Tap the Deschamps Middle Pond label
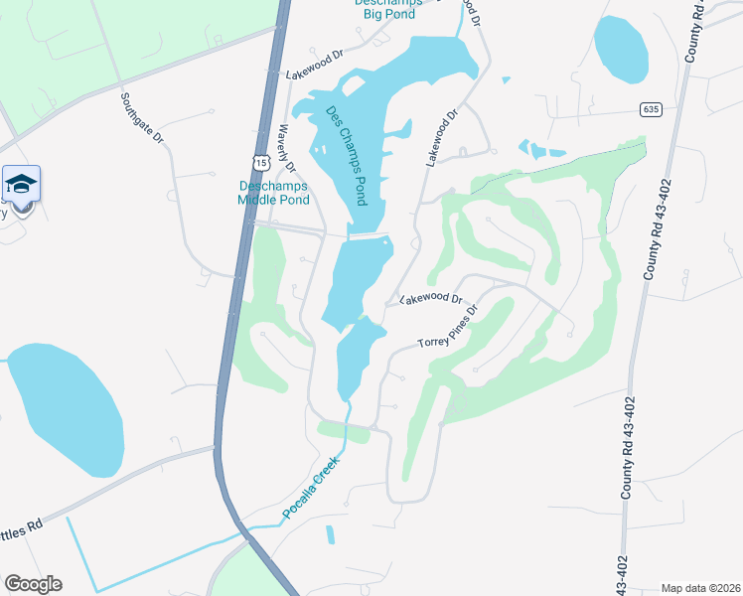pyautogui.click(x=274, y=193)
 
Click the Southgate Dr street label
pyautogui.click(x=143, y=120)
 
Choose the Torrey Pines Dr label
pyautogui.click(x=448, y=327)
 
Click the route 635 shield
pyautogui.click(x=651, y=109)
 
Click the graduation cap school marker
pyautogui.click(x=22, y=185)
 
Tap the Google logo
pyautogui.click(x=32, y=584)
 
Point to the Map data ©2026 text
pyautogui.click(x=700, y=588)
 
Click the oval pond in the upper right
pyautogui.click(x=620, y=49)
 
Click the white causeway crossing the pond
pyautogui.click(x=369, y=236)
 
